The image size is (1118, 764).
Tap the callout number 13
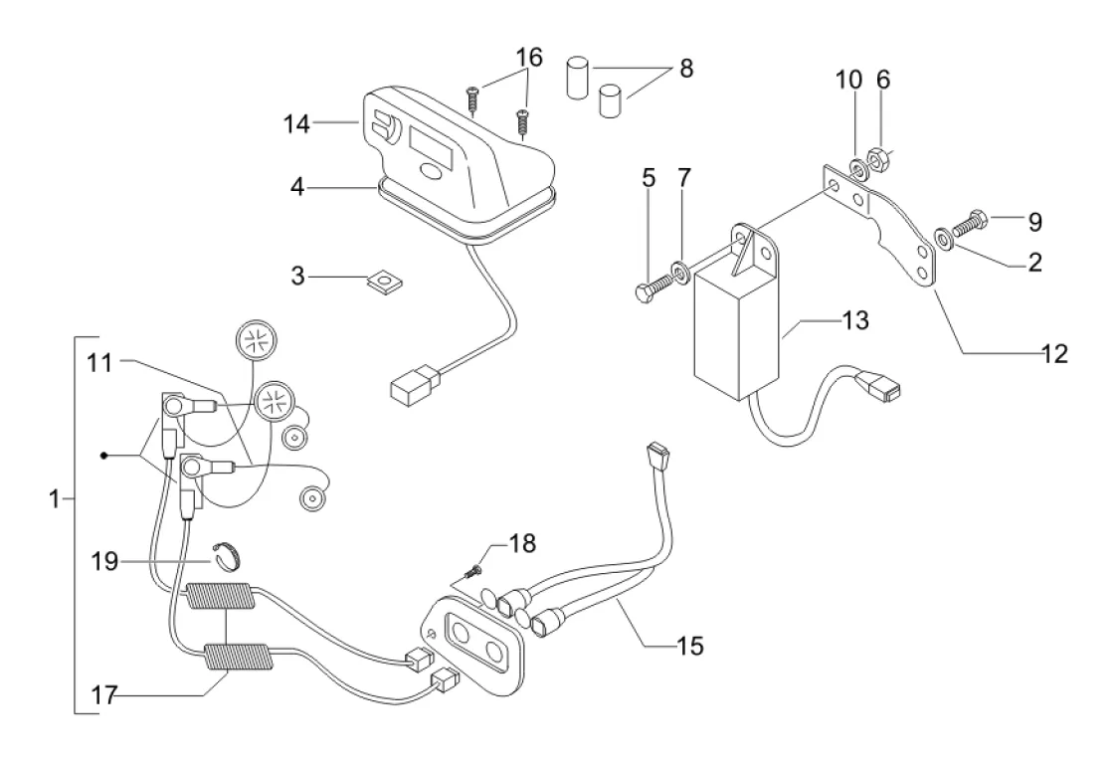coord(855,321)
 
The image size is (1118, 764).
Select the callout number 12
coord(1054,353)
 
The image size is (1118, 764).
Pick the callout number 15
coord(689,646)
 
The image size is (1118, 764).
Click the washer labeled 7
coord(679,269)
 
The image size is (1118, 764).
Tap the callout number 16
coord(529,58)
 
